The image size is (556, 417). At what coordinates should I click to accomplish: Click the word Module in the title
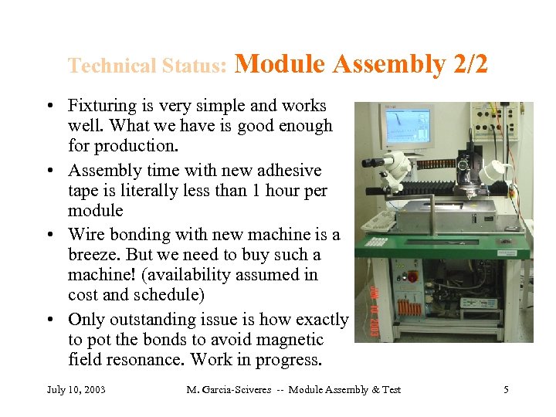click(x=279, y=64)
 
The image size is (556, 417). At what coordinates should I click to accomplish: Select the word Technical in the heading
click(x=113, y=66)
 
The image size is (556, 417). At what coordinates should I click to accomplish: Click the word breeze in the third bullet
click(x=96, y=255)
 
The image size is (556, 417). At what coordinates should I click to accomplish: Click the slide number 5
click(x=506, y=389)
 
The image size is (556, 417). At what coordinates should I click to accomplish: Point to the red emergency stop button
click(x=412, y=275)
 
